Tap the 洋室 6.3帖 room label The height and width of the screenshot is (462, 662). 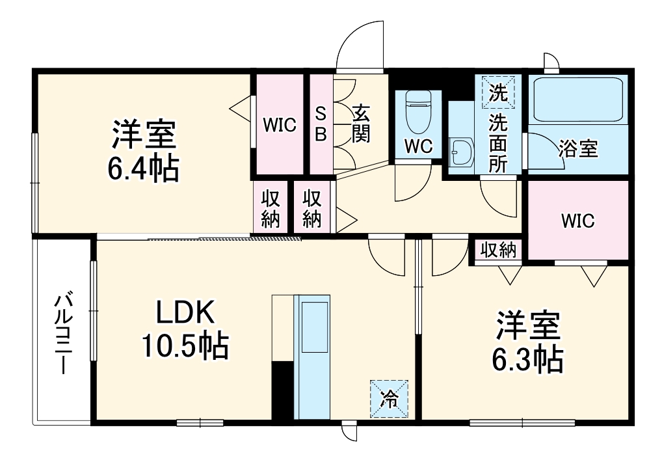click(x=528, y=341)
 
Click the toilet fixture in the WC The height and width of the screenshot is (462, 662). click(x=417, y=111)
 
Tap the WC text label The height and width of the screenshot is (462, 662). click(x=418, y=147)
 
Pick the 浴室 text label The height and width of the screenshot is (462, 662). click(x=578, y=149)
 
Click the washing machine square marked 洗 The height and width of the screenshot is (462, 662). click(x=497, y=92)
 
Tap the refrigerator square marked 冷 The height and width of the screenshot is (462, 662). click(x=390, y=398)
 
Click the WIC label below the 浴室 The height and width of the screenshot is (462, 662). click(x=577, y=221)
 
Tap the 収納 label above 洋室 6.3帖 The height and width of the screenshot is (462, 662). click(x=498, y=249)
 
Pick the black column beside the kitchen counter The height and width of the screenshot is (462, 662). click(x=283, y=390)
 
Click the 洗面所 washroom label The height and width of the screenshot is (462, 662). click(x=498, y=143)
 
